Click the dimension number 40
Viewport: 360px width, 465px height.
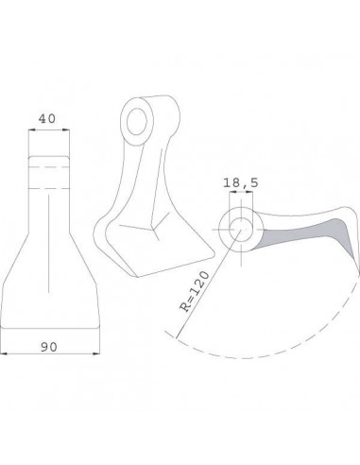(47, 119)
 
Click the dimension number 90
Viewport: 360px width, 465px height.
(49, 347)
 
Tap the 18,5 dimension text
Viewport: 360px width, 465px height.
(241, 182)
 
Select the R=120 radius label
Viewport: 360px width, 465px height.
(195, 291)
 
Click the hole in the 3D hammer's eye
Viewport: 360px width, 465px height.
(137, 122)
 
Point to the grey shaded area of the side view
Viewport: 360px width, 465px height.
(315, 233)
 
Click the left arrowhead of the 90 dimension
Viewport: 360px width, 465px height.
(4, 353)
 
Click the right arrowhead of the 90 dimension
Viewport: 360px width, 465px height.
(96, 353)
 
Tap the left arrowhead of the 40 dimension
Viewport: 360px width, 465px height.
(31, 129)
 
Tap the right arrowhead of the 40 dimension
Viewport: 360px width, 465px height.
(66, 129)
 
